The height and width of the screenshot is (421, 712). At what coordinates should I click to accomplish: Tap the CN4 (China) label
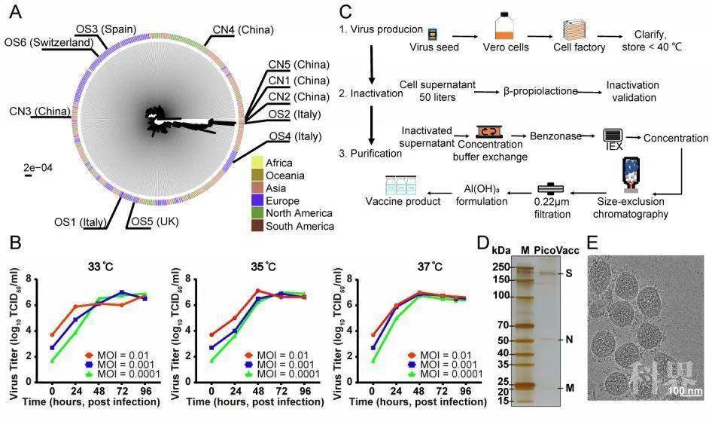pyautogui.click(x=242, y=30)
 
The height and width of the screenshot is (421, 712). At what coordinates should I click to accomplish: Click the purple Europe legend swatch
pyautogui.click(x=258, y=201)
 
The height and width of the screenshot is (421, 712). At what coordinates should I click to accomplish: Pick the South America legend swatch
pyautogui.click(x=258, y=226)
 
